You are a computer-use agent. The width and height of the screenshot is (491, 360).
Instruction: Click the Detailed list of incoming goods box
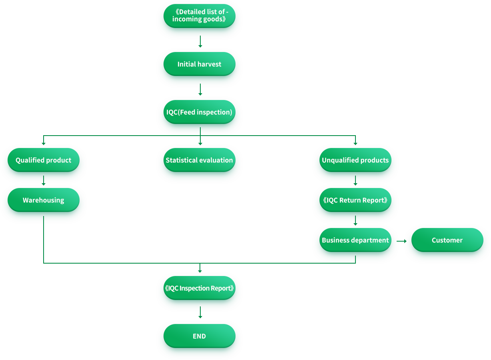point(199,16)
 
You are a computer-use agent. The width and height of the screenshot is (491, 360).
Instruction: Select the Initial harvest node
point(199,64)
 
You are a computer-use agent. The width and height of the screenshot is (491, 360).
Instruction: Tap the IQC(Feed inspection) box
point(199,112)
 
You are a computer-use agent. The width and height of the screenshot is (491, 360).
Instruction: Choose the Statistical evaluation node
point(199,160)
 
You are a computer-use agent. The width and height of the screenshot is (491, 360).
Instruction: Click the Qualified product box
point(43,160)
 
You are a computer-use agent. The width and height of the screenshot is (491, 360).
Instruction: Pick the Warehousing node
point(43,200)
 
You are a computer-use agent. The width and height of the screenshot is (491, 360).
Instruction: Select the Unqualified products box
point(355,160)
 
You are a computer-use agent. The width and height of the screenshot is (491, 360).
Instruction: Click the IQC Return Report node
point(355,200)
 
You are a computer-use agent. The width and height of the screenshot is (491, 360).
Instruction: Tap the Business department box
point(355,240)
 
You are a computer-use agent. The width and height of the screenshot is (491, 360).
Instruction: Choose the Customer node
point(447,240)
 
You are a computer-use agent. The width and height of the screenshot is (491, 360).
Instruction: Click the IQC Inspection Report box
point(199,288)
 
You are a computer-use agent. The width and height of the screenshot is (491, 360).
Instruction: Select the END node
point(199,336)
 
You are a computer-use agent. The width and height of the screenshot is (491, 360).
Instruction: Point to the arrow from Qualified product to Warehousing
point(43,180)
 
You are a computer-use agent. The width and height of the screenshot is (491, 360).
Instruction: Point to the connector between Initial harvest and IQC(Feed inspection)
point(200,92)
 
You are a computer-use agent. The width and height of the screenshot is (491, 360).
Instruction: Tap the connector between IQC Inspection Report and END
point(200,316)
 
